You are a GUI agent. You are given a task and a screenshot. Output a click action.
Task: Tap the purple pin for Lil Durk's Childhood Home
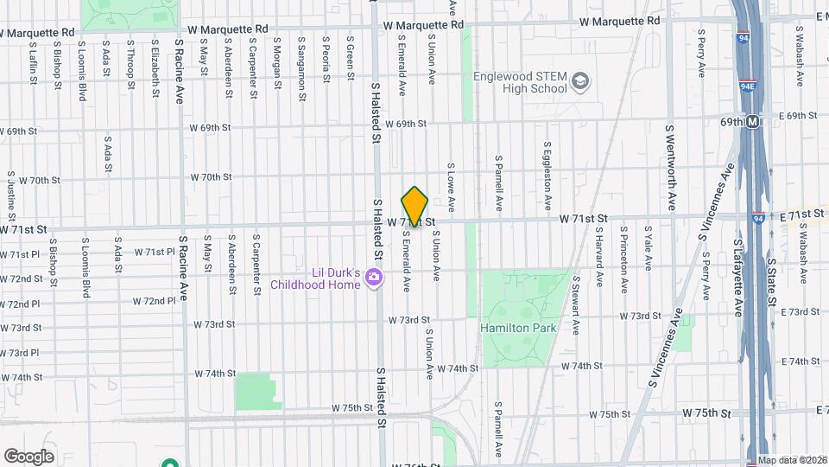coord(374,277)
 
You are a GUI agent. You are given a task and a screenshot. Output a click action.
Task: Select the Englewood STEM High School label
coord(520,82)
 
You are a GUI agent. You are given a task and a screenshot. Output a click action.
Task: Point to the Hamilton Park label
coord(518,328)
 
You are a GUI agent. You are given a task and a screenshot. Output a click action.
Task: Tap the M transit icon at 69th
coord(754,122)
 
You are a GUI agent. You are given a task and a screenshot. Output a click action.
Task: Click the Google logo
coord(28,456)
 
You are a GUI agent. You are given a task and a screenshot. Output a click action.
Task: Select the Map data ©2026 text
coord(792,460)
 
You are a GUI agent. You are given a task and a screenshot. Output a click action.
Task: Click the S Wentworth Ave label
coord(670,167)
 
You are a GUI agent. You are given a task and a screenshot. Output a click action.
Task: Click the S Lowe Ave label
coord(451,185)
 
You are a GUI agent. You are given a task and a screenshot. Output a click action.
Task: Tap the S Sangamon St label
coord(301,59)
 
